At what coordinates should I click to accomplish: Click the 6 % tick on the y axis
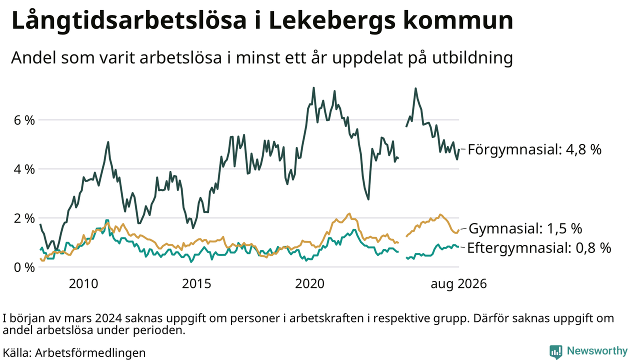click(x=24, y=120)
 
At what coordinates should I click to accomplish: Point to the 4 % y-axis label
click(x=24, y=169)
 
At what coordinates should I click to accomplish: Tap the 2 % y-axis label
click(x=24, y=218)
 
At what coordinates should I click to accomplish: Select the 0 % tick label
click(x=24, y=267)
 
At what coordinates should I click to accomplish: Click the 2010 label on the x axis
click(x=83, y=284)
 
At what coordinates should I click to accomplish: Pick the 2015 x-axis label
click(x=196, y=284)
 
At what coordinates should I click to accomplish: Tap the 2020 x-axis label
click(x=309, y=284)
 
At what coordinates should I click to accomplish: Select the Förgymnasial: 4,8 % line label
click(x=534, y=149)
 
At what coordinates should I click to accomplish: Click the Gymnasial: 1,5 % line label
click(x=525, y=228)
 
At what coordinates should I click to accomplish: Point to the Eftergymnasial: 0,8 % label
click(x=539, y=247)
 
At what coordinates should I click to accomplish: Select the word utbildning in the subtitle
click(x=472, y=58)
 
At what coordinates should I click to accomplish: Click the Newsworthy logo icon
click(x=555, y=351)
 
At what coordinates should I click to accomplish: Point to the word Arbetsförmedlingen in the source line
click(x=90, y=353)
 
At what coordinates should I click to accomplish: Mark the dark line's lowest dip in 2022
click(x=368, y=199)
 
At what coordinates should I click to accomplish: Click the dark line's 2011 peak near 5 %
click(x=108, y=142)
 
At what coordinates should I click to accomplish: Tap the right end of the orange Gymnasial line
click(x=459, y=230)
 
